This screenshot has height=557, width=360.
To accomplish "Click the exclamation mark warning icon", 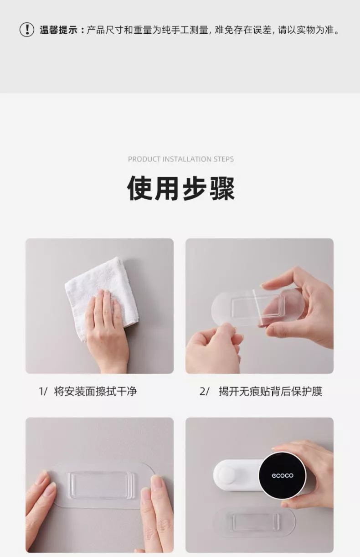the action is click(x=26, y=30).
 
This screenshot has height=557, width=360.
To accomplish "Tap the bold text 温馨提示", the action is click(x=58, y=30).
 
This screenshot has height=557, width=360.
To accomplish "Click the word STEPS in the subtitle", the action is click(x=223, y=159).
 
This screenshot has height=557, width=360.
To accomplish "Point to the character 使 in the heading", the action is click(x=139, y=188).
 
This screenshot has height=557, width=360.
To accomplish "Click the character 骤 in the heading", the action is click(x=222, y=188).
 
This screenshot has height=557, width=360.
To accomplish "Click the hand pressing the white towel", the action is click(x=108, y=331).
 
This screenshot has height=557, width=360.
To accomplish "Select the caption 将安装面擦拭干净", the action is click(x=95, y=391).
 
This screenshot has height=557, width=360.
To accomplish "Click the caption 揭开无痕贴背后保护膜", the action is click(x=271, y=391).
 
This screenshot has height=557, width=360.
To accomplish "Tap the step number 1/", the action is click(x=43, y=392).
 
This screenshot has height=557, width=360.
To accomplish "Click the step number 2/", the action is click(x=204, y=392).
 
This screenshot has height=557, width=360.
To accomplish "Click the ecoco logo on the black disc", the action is click(x=283, y=475).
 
